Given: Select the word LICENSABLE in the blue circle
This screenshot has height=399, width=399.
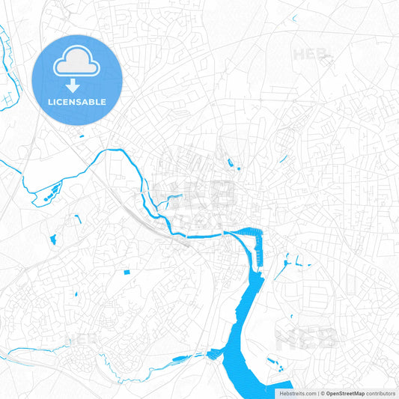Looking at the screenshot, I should [x=76, y=102].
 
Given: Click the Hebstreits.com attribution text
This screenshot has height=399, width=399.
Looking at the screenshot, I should [x=297, y=393].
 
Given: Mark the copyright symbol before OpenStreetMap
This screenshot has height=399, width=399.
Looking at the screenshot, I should [x=321, y=393].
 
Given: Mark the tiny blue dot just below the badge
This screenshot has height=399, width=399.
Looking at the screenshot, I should [x=83, y=136].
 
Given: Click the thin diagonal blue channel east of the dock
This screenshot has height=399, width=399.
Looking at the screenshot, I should [x=282, y=269].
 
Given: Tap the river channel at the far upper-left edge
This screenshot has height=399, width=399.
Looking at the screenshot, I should [x=3, y=37].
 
